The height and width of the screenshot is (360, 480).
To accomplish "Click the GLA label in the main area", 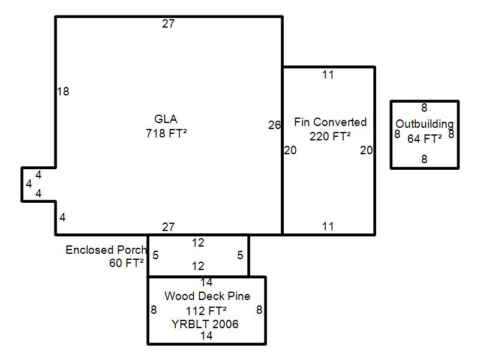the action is pos(166,119).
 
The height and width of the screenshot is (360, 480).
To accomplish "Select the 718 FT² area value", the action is pos(166,133).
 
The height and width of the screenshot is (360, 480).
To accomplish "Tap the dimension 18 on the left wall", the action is pos(63,91).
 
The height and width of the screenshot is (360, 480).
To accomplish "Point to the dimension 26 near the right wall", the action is pos(274,125).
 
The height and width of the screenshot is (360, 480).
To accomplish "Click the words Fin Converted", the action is pos(331,122).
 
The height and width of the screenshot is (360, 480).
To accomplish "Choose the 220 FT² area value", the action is pos(330,136).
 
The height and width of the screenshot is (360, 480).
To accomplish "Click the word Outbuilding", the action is pos(425,124).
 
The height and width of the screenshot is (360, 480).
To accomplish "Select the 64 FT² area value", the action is pos(425,139).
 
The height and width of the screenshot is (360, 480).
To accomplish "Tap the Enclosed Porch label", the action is pos(106,250).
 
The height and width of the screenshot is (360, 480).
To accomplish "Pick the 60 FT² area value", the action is pos(127,263).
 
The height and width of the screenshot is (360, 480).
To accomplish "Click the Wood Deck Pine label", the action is pos(207,296).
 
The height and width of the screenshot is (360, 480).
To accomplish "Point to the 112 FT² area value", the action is pos(206,311).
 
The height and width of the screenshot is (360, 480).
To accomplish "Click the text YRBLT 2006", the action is pos(205,324).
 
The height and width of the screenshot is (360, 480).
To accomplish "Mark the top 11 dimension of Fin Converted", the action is pos(328,74).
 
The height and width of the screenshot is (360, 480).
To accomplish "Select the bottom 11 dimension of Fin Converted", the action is pos(328,227).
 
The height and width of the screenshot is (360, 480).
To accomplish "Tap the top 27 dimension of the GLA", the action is pos(169,23).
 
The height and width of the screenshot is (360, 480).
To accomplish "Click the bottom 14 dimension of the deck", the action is pos(206,335).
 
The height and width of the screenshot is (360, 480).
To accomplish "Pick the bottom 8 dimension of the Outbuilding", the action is pos(424,159).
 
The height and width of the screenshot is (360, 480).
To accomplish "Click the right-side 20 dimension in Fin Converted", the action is pos(366,150).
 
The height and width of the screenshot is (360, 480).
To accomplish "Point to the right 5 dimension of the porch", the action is pos(241,255).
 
